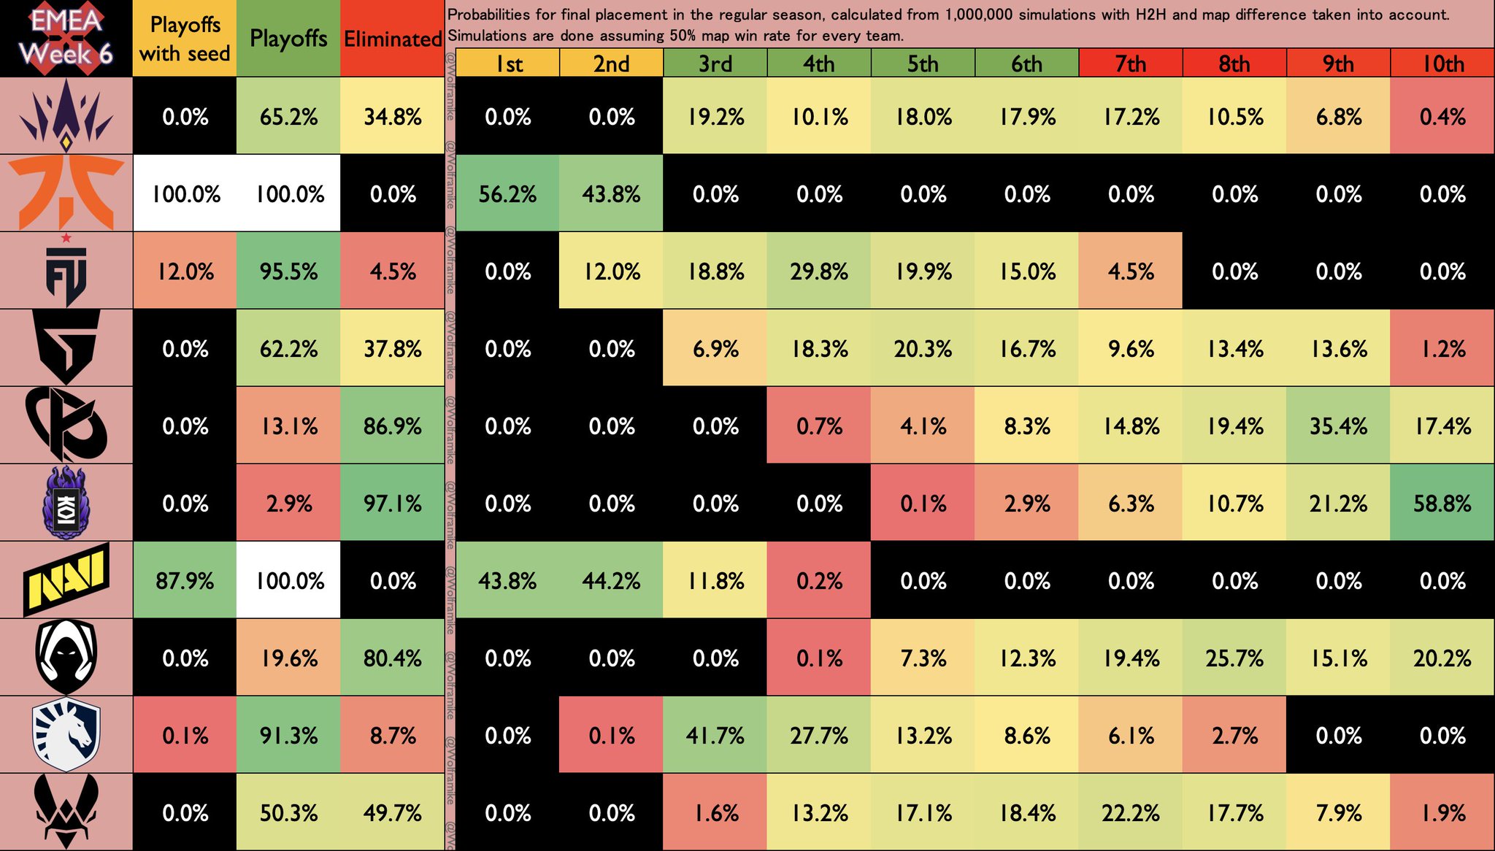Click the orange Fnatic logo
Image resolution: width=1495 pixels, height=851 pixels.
[x=66, y=193]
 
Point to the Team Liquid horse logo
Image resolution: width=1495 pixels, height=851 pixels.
[x=66, y=734]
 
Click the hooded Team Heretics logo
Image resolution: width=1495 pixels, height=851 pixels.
[x=66, y=657]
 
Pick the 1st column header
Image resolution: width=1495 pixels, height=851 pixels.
[x=509, y=63]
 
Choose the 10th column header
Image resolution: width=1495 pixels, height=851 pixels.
[x=1442, y=63]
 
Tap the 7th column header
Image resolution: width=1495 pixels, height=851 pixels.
[x=1130, y=63]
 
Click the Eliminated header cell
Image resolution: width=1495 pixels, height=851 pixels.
[x=393, y=39]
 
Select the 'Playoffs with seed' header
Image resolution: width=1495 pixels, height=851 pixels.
[x=185, y=39]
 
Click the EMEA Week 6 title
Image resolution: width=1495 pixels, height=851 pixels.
[x=66, y=38]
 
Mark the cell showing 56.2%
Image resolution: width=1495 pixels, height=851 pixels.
[x=508, y=194]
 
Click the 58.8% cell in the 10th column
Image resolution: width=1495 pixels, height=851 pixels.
[x=1442, y=504]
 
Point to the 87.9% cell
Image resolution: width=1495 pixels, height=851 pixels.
[x=185, y=581]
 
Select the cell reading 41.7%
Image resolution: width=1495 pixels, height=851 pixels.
[x=715, y=736]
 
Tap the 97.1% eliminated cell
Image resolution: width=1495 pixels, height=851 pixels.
[x=393, y=504]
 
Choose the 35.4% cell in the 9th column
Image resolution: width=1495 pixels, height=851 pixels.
[x=1338, y=426]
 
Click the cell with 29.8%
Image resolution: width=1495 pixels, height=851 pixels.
[x=819, y=272]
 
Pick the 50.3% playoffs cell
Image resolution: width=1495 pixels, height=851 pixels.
[x=289, y=813]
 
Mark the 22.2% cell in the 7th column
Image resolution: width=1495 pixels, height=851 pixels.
[x=1130, y=813]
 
